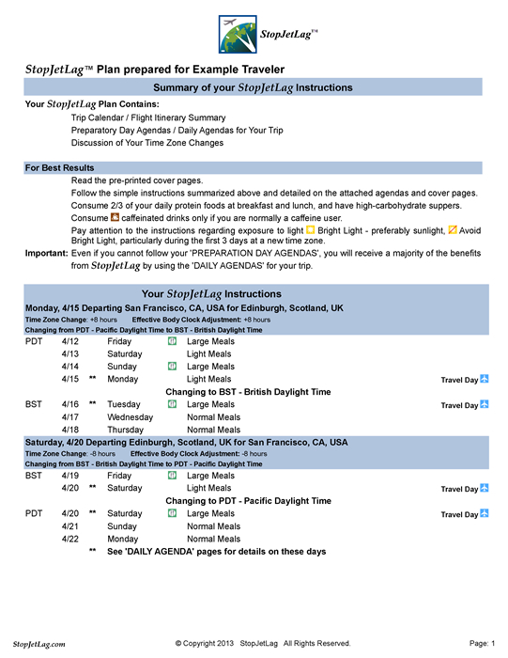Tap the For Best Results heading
[59, 167]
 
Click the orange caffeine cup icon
[115, 217]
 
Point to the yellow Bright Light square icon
[311, 229]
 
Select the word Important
[45, 254]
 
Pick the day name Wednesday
[130, 416]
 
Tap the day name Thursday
[126, 430]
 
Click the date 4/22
[69, 540]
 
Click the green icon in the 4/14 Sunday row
[172, 366]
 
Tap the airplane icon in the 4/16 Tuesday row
[485, 404]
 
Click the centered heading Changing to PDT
[248, 501]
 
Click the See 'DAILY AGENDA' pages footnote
[215, 552]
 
